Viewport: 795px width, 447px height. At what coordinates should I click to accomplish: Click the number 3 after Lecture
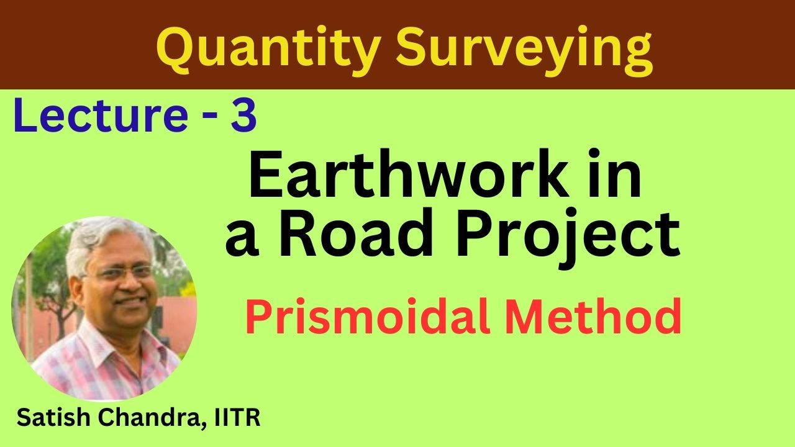[x=243, y=118]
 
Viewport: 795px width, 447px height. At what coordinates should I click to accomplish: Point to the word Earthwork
[x=409, y=179]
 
